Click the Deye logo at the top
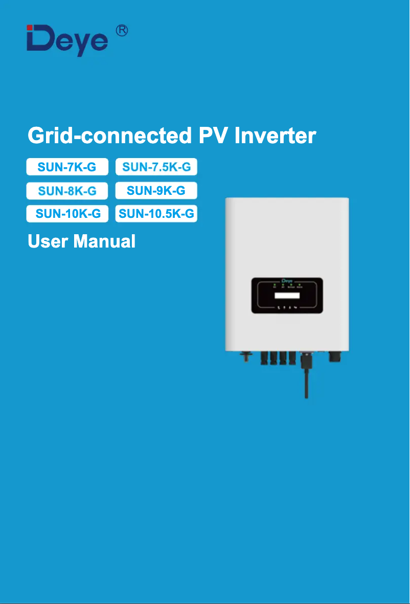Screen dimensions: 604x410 click(67, 40)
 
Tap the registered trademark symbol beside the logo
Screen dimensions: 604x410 click(122, 30)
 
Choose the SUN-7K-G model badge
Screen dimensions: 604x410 click(67, 167)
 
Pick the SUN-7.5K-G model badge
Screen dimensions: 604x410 click(156, 167)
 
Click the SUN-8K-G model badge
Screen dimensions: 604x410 click(67, 191)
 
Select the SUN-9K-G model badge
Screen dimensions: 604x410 click(156, 191)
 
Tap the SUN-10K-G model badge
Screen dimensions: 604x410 click(67, 214)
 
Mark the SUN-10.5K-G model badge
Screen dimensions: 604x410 click(156, 214)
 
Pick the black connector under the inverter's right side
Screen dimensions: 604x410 click(335, 356)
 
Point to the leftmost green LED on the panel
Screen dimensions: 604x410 click(275, 284)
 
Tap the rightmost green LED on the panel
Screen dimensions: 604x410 click(299, 284)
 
